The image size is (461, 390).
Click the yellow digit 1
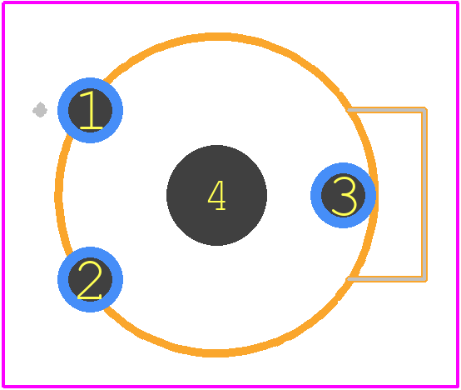click(x=92, y=110)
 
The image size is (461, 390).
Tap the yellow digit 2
click(x=90, y=280)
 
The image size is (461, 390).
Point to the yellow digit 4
click(x=216, y=196)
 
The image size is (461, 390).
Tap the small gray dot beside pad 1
click(x=40, y=110)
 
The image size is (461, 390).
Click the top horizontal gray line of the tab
click(x=387, y=110)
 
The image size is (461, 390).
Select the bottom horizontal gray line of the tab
click(x=387, y=278)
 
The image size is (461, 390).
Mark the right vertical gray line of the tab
click(x=424, y=194)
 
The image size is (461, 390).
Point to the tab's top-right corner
click(x=425, y=110)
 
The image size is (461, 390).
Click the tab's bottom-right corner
click(x=425, y=279)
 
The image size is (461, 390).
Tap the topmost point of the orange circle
click(x=216, y=37)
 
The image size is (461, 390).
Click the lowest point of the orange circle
click(x=216, y=353)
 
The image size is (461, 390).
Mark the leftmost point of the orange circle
click(x=58, y=196)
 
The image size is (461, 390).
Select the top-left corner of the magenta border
click(x=3, y=2)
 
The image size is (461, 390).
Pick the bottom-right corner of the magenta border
click(x=457, y=386)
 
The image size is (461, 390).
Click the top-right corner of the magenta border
click(x=457, y=2)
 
